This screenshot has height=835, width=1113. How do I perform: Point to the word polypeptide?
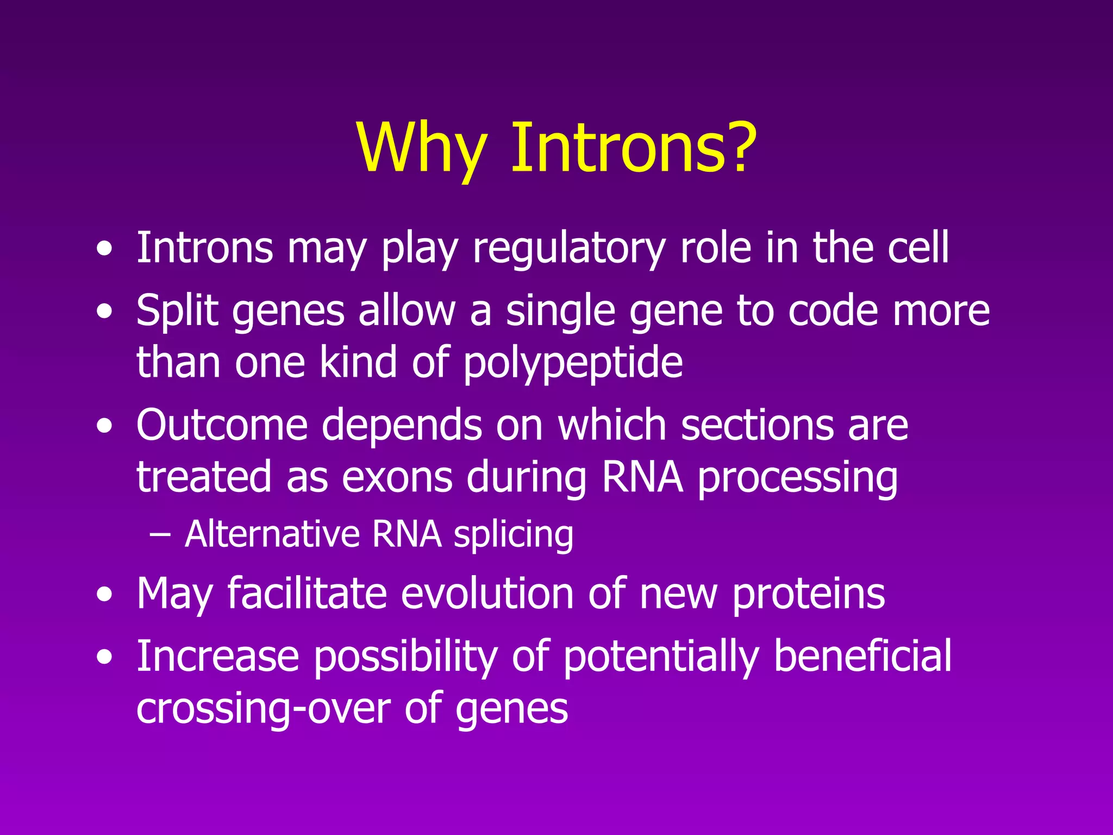573,363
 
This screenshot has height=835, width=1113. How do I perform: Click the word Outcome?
222,425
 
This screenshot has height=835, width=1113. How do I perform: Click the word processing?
797,477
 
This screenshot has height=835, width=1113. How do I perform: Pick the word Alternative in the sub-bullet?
272,534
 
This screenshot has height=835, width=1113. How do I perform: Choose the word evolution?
487,594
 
